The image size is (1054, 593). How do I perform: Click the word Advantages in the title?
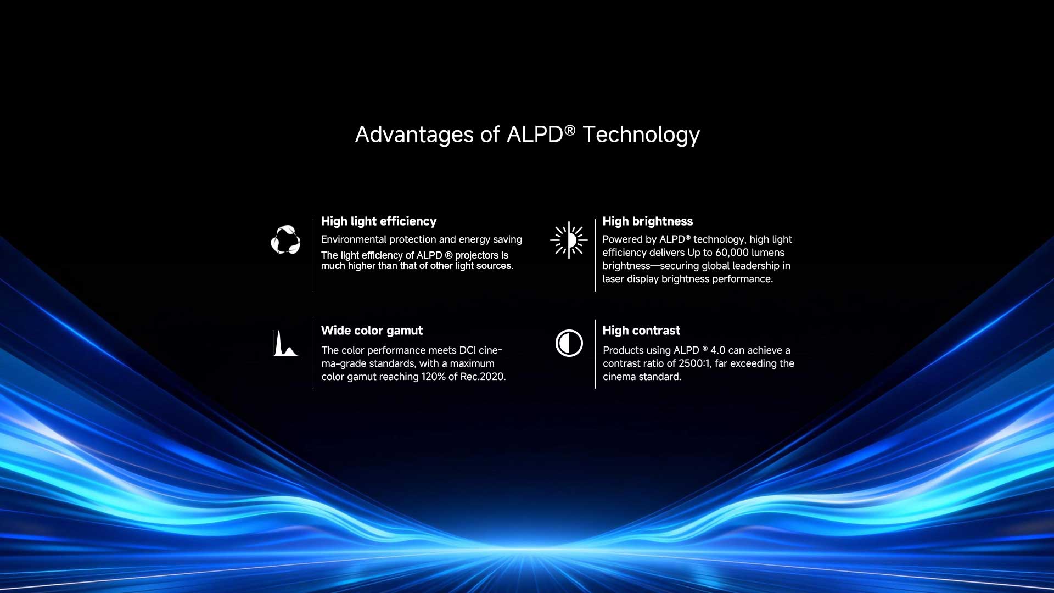click(x=414, y=135)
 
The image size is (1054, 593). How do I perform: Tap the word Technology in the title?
click(x=641, y=135)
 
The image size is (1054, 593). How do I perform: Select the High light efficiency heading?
click(x=379, y=221)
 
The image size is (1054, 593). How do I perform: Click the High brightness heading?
click(x=648, y=221)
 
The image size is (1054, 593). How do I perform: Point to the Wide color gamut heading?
click(x=372, y=331)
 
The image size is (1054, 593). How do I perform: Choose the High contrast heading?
click(x=641, y=331)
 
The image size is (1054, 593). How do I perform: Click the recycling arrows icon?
click(x=285, y=239)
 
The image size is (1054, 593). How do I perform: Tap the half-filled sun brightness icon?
click(x=569, y=240)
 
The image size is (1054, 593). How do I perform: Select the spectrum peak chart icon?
click(x=285, y=343)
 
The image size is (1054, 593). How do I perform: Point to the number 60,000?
click(x=732, y=253)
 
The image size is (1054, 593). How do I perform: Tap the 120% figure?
click(x=434, y=377)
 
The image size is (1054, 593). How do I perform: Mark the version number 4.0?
click(x=718, y=350)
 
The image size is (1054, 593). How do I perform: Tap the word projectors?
click(x=476, y=255)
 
